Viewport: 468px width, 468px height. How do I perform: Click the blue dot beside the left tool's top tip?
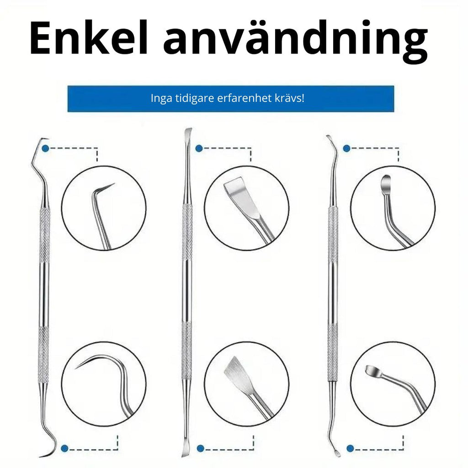(x=45, y=149)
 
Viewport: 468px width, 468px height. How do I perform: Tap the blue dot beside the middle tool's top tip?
(x=199, y=149)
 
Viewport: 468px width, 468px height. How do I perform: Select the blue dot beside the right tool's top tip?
(x=346, y=149)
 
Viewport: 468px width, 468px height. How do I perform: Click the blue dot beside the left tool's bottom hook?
(x=64, y=448)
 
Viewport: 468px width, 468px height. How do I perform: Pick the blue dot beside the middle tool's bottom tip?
(x=201, y=448)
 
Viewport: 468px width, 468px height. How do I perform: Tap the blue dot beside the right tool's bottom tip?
(x=351, y=448)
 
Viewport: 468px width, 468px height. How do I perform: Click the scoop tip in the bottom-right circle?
(x=373, y=371)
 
